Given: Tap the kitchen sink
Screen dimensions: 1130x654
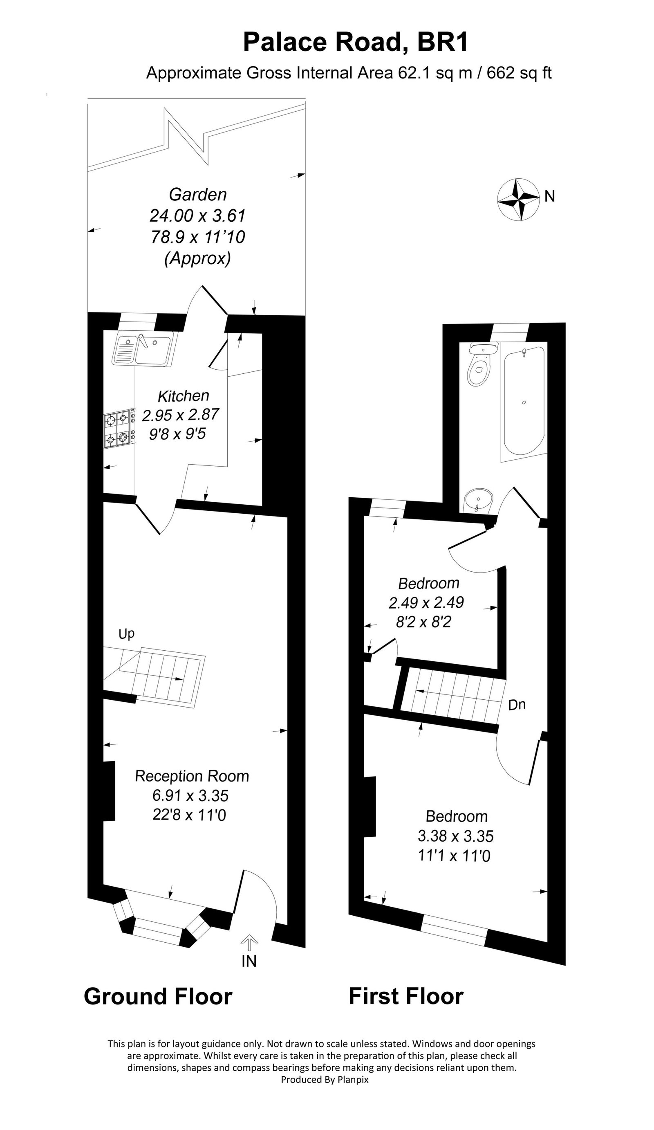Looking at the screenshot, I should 143,349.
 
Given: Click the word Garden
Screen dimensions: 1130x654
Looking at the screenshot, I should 198,194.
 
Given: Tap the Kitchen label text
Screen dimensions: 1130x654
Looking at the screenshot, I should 184,396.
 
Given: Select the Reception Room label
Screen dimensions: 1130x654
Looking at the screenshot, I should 192,776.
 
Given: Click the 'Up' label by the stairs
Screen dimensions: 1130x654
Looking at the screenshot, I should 126,634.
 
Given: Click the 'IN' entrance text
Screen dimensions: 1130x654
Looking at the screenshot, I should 249,961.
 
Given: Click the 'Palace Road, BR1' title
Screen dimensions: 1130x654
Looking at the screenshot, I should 356,43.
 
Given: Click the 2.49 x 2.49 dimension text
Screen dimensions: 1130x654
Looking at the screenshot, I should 426,602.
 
